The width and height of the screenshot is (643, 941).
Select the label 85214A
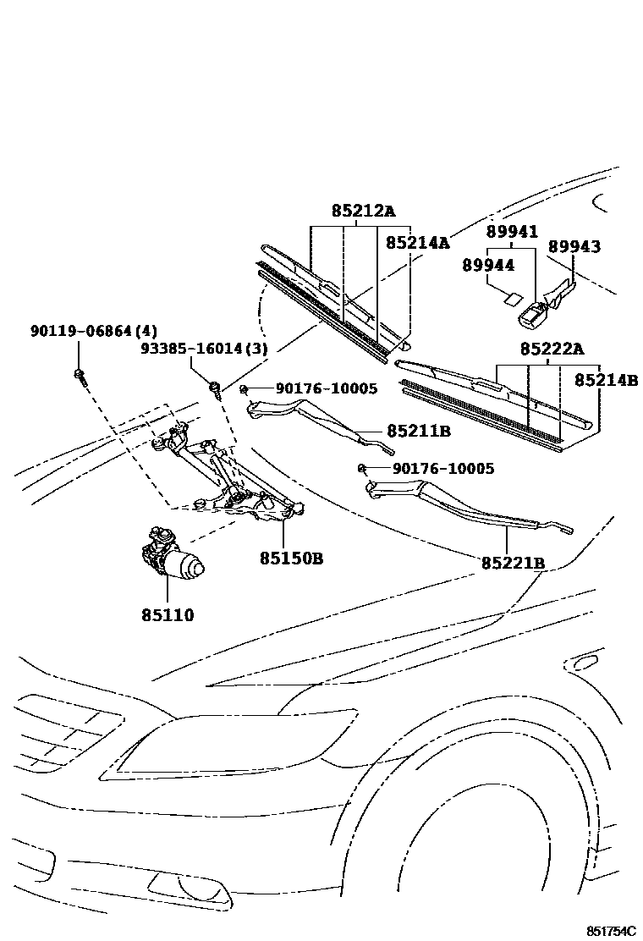pyautogui.click(x=418, y=243)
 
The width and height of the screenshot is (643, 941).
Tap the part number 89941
pyautogui.click(x=512, y=232)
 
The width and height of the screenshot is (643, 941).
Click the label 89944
pyautogui.click(x=488, y=265)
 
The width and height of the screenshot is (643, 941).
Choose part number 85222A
pyautogui.click(x=552, y=349)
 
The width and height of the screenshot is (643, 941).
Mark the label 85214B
pyautogui.click(x=606, y=381)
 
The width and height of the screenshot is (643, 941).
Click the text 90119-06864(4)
pyautogui.click(x=106, y=331)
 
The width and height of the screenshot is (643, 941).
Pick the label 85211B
pyautogui.click(x=419, y=432)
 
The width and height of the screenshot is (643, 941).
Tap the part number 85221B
pyautogui.click(x=514, y=563)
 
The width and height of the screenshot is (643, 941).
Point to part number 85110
pyautogui.click(x=168, y=615)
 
